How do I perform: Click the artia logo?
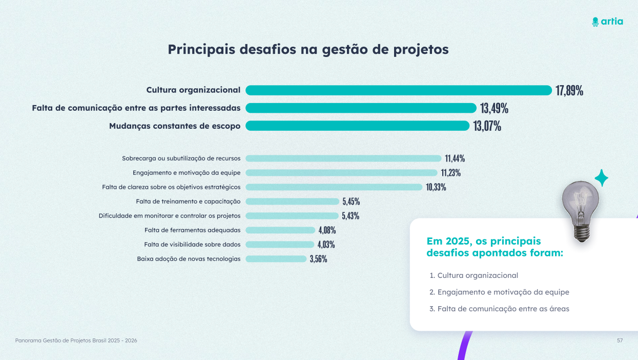click(x=607, y=22)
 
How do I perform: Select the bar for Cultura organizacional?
click(x=398, y=90)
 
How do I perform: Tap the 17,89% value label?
click(x=569, y=91)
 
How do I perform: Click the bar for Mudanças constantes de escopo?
click(x=357, y=126)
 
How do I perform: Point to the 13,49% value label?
click(x=494, y=108)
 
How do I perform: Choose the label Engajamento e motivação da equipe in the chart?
click(x=187, y=173)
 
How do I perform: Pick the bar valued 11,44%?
click(x=343, y=158)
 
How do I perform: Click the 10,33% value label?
click(x=436, y=187)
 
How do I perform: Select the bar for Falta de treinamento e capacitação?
click(x=292, y=202)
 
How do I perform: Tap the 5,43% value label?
click(x=351, y=216)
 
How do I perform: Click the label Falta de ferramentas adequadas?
click(x=192, y=230)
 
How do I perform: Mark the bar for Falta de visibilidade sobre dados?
click(x=280, y=245)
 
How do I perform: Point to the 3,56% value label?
click(x=318, y=259)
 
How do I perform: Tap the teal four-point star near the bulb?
click(x=601, y=178)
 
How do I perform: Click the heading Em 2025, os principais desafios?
click(x=495, y=247)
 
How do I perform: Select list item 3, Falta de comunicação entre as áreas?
click(x=503, y=309)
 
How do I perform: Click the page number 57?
click(x=620, y=341)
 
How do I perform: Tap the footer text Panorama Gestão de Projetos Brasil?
click(x=76, y=341)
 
